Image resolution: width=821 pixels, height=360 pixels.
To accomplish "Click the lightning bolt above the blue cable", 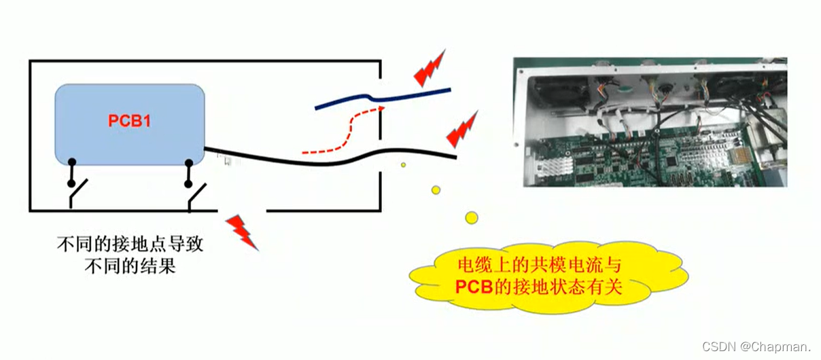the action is coord(430,67).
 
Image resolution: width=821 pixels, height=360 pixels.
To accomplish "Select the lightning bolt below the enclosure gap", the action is coord(242,231).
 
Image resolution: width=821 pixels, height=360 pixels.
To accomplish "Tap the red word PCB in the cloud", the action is coord(472,286).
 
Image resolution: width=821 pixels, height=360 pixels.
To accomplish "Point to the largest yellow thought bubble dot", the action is coord(471,217).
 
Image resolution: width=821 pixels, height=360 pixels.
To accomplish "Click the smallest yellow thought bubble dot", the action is coord(403,164).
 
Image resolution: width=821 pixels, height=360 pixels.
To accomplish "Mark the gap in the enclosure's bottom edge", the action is coord(242,211).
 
